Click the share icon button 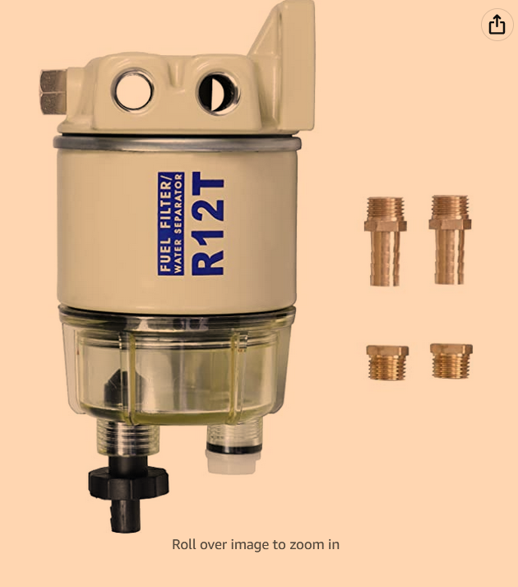[497, 25]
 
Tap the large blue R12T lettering [207, 223]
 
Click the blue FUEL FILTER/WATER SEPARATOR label [171, 223]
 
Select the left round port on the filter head [133, 91]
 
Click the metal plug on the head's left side [53, 91]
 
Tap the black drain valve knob [128, 482]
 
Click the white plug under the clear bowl [233, 460]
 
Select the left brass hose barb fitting [386, 241]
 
